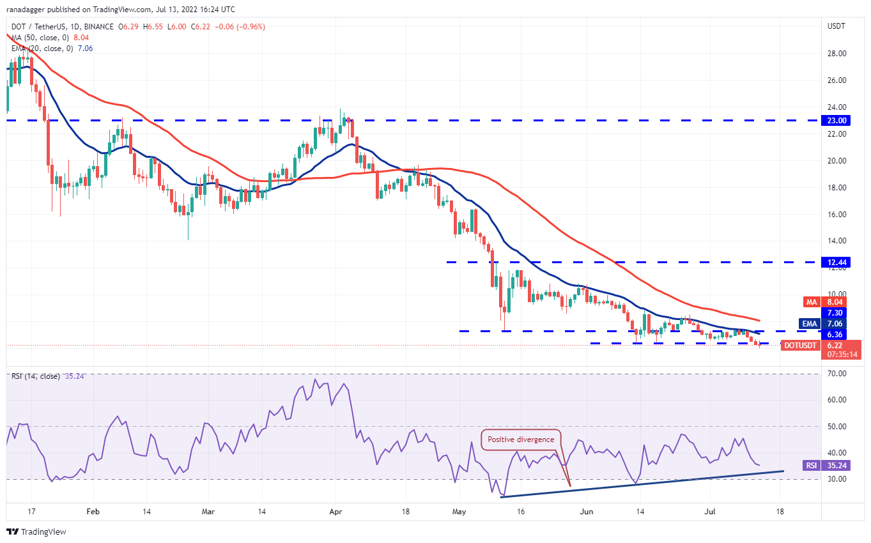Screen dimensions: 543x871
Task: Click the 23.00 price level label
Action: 836,120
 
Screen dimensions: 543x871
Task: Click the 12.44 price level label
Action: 836,263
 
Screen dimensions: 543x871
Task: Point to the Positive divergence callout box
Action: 521,440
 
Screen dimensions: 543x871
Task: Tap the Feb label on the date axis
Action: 93,512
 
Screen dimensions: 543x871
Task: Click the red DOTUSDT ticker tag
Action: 799,346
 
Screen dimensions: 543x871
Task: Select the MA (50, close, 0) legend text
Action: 37,38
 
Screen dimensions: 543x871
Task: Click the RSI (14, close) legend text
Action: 36,376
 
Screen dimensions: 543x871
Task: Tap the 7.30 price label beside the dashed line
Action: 836,313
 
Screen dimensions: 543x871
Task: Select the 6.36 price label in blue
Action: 836,334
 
